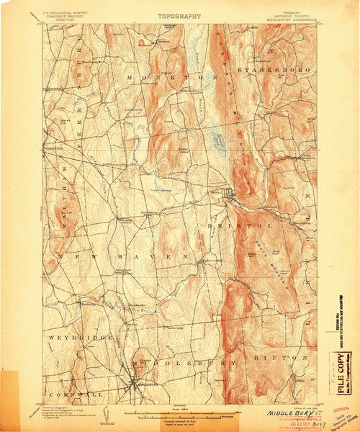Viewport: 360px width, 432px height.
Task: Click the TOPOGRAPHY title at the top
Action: click(180, 15)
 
